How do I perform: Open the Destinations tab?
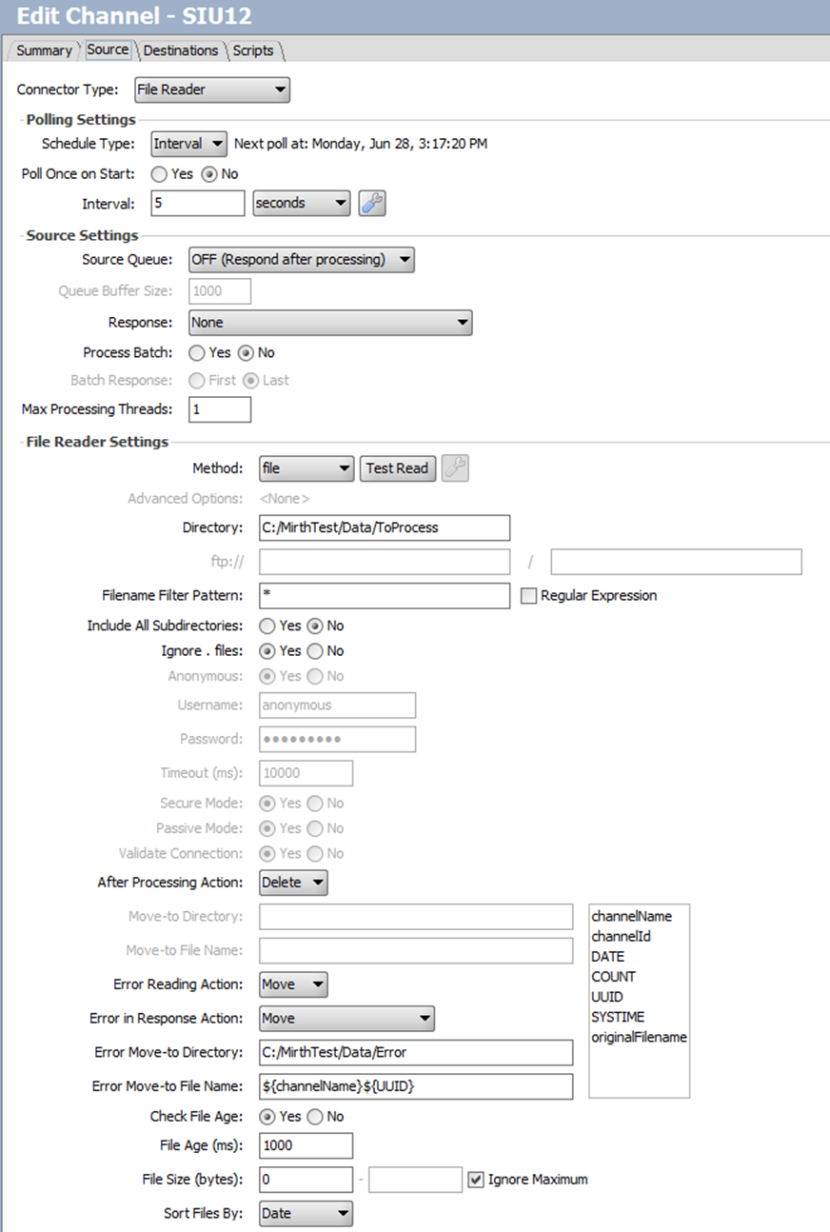point(180,50)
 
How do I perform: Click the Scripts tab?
point(253,50)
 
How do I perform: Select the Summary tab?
point(44,50)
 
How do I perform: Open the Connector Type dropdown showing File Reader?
point(212,90)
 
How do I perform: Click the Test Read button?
point(397,468)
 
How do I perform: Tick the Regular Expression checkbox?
point(529,596)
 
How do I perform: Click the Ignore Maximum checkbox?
point(477,1180)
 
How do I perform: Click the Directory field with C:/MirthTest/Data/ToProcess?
point(385,527)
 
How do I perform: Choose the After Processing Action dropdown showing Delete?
point(293,883)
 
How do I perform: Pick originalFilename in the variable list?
point(639,1037)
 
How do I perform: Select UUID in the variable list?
point(606,997)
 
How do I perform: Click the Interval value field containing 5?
point(198,203)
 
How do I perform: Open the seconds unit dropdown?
point(302,203)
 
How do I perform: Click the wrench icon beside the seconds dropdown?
point(371,203)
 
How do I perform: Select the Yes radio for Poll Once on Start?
point(159,174)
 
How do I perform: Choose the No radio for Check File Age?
point(316,1117)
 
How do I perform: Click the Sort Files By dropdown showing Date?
point(306,1213)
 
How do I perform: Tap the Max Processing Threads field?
point(220,409)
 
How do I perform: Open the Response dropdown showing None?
point(330,323)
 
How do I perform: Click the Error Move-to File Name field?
point(416,1086)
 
